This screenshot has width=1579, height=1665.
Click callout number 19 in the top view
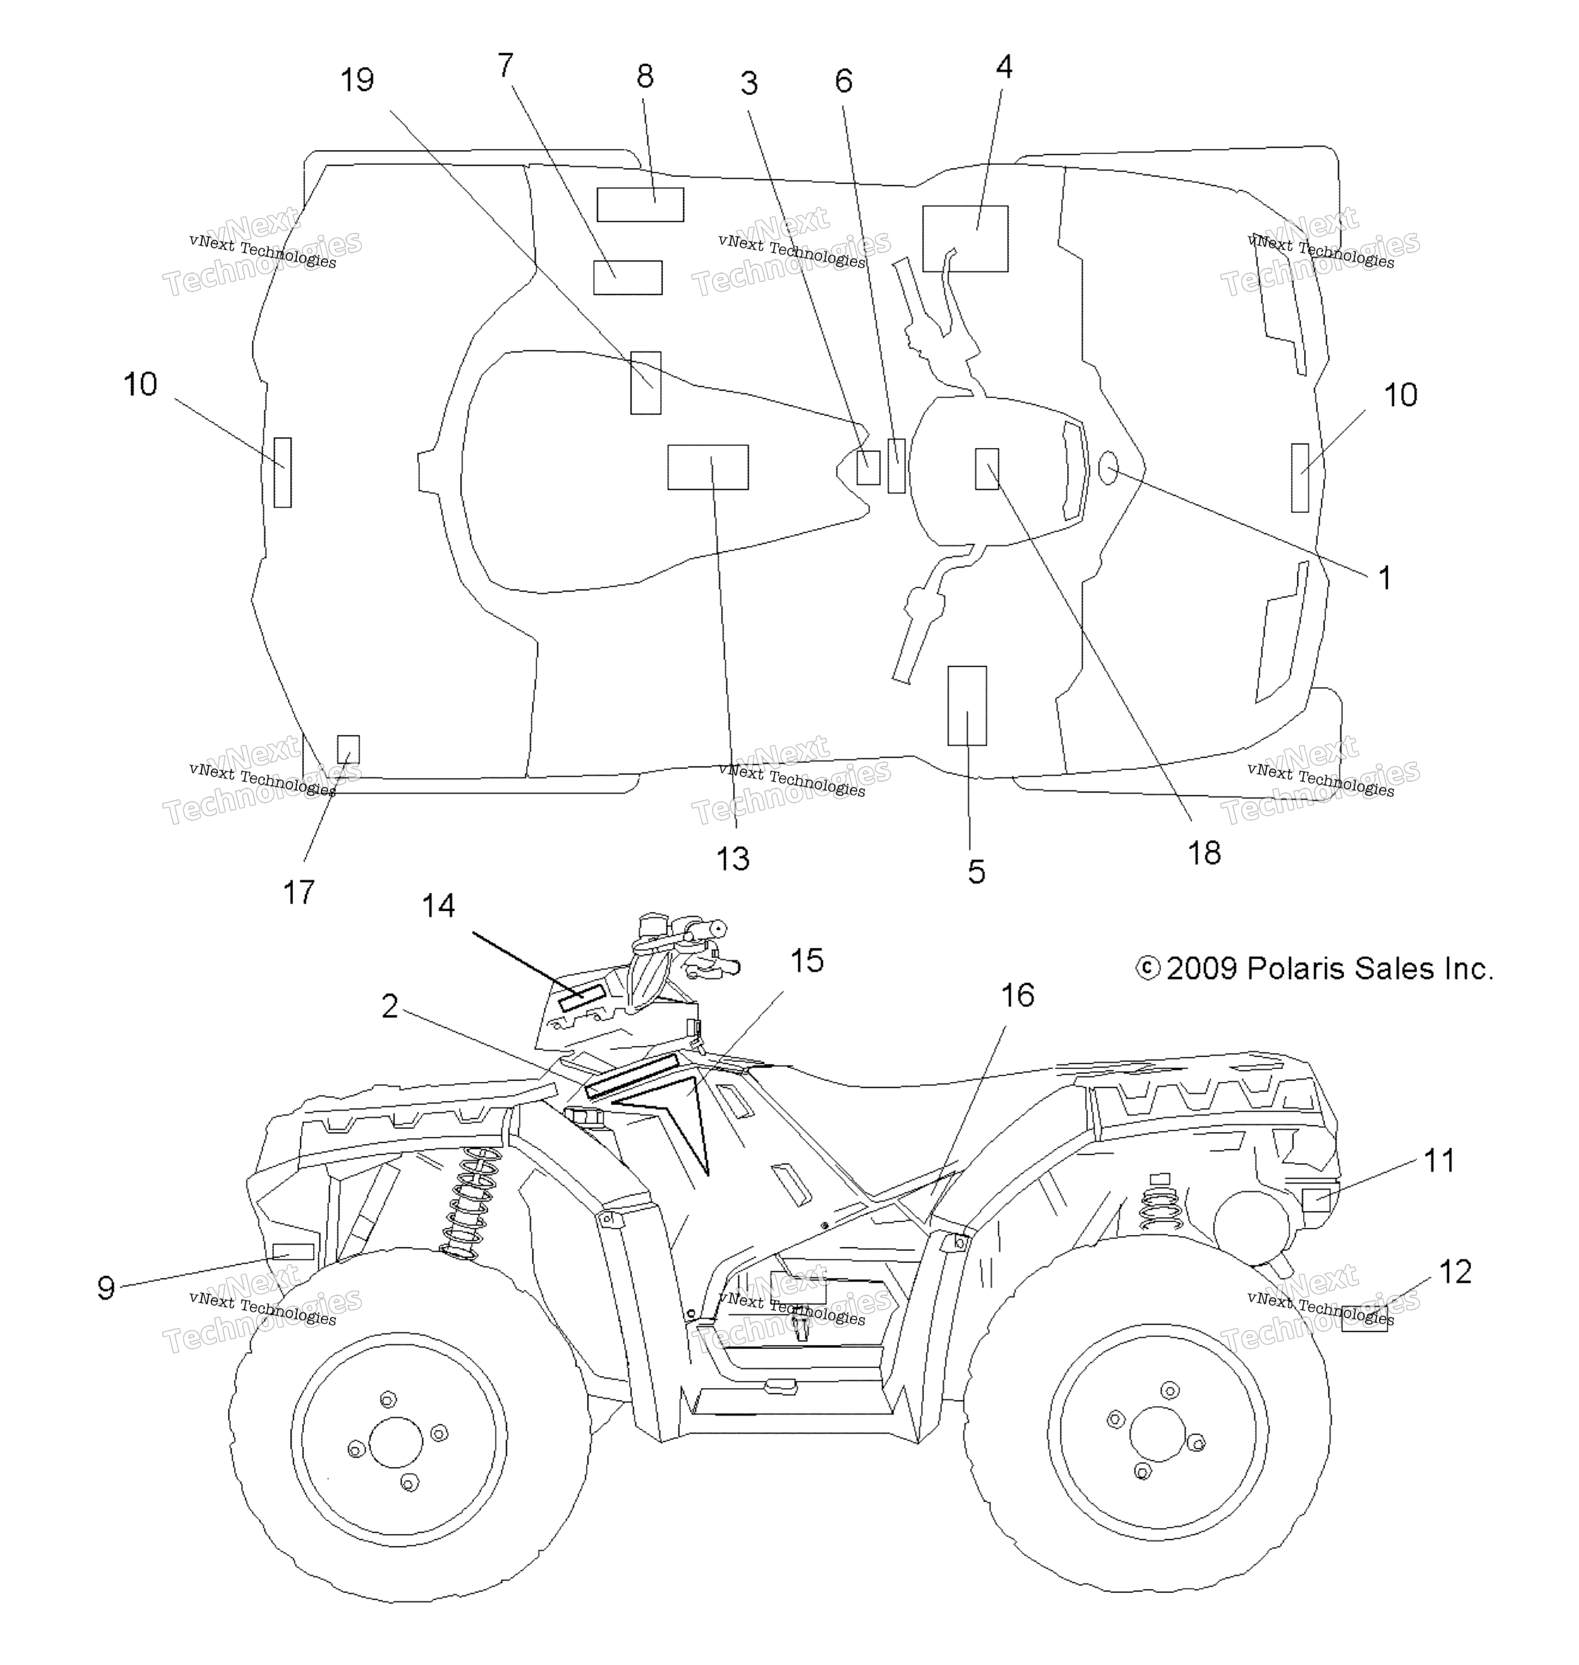point(357,81)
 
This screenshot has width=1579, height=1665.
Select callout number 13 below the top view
point(732,859)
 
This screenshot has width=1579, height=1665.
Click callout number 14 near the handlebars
point(438,906)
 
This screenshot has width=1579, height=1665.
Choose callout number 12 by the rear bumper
point(1455,1272)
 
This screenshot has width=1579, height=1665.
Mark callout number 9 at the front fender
point(106,1288)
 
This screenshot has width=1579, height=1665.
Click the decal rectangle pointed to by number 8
point(640,204)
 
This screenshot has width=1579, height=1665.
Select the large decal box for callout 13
point(708,467)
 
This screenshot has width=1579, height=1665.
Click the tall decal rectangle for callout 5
point(967,706)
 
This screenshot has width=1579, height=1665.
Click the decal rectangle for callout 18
point(986,469)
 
